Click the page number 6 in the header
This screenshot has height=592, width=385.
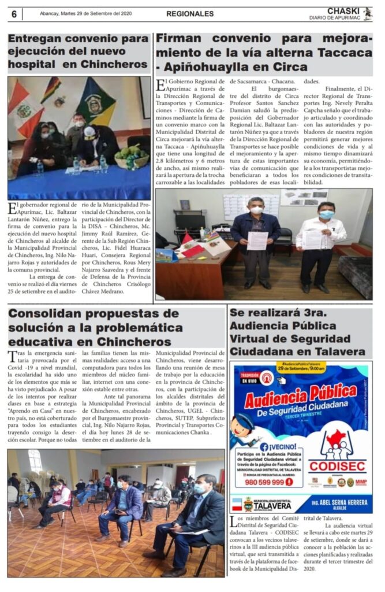coord(14,14)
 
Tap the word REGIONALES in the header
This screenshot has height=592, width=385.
coord(189,14)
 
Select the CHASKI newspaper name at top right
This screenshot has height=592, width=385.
coord(343,10)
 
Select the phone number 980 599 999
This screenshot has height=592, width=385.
coord(264,481)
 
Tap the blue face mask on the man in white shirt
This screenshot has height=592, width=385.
coord(326,214)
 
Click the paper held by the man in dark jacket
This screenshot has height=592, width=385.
coord(257,240)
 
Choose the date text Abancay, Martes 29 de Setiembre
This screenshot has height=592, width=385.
coord(86,14)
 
